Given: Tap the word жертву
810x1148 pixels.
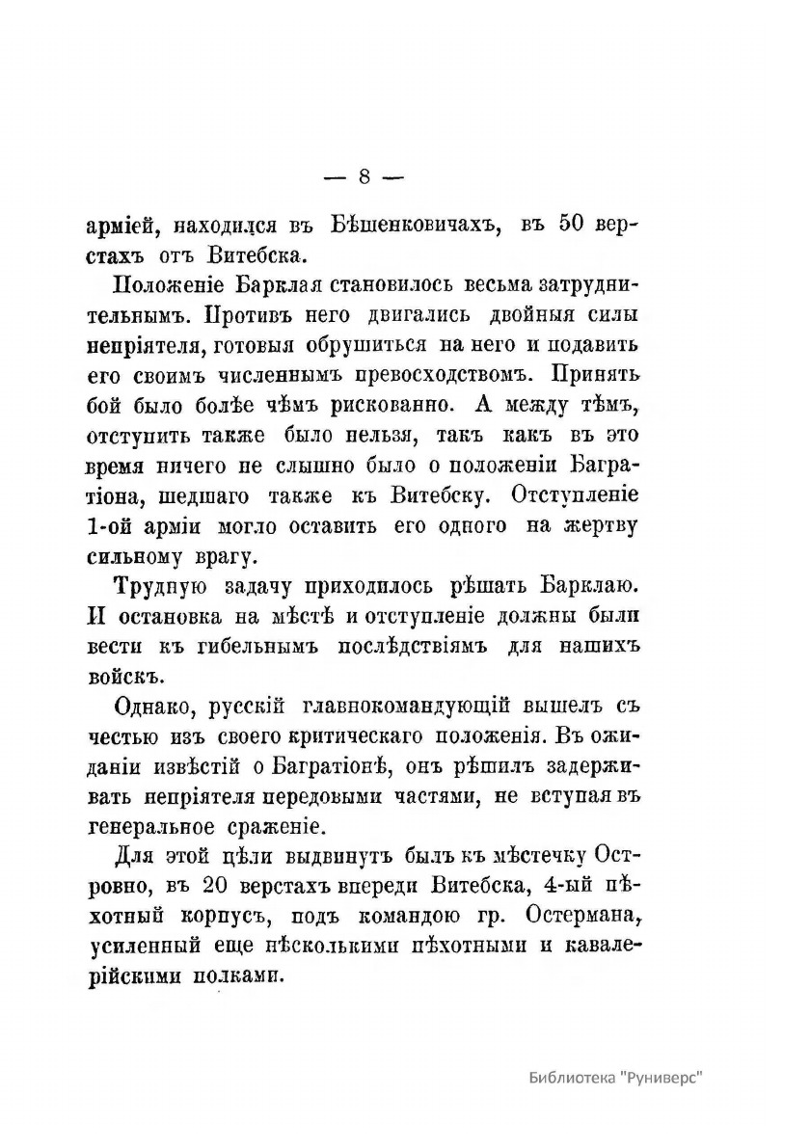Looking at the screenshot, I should (x=599, y=526).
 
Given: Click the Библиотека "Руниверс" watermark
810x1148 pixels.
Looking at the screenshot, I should (x=616, y=1078).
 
